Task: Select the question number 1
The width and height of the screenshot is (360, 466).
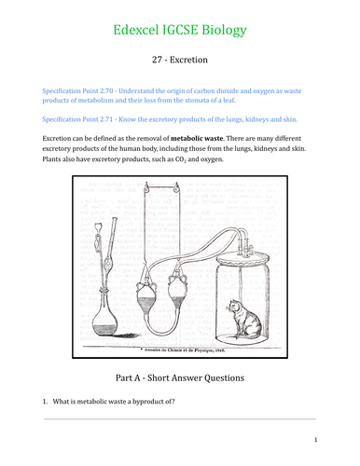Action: point(43,403)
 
